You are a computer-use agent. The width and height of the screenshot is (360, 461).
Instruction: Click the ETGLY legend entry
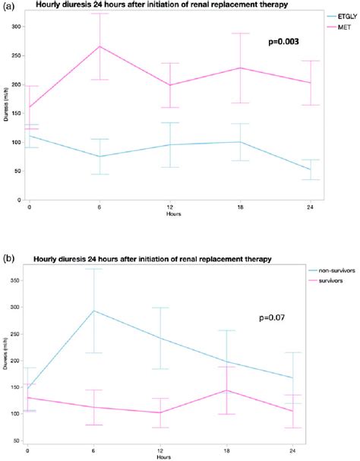[342, 14]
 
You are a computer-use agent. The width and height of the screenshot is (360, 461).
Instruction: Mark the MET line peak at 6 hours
[99, 46]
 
